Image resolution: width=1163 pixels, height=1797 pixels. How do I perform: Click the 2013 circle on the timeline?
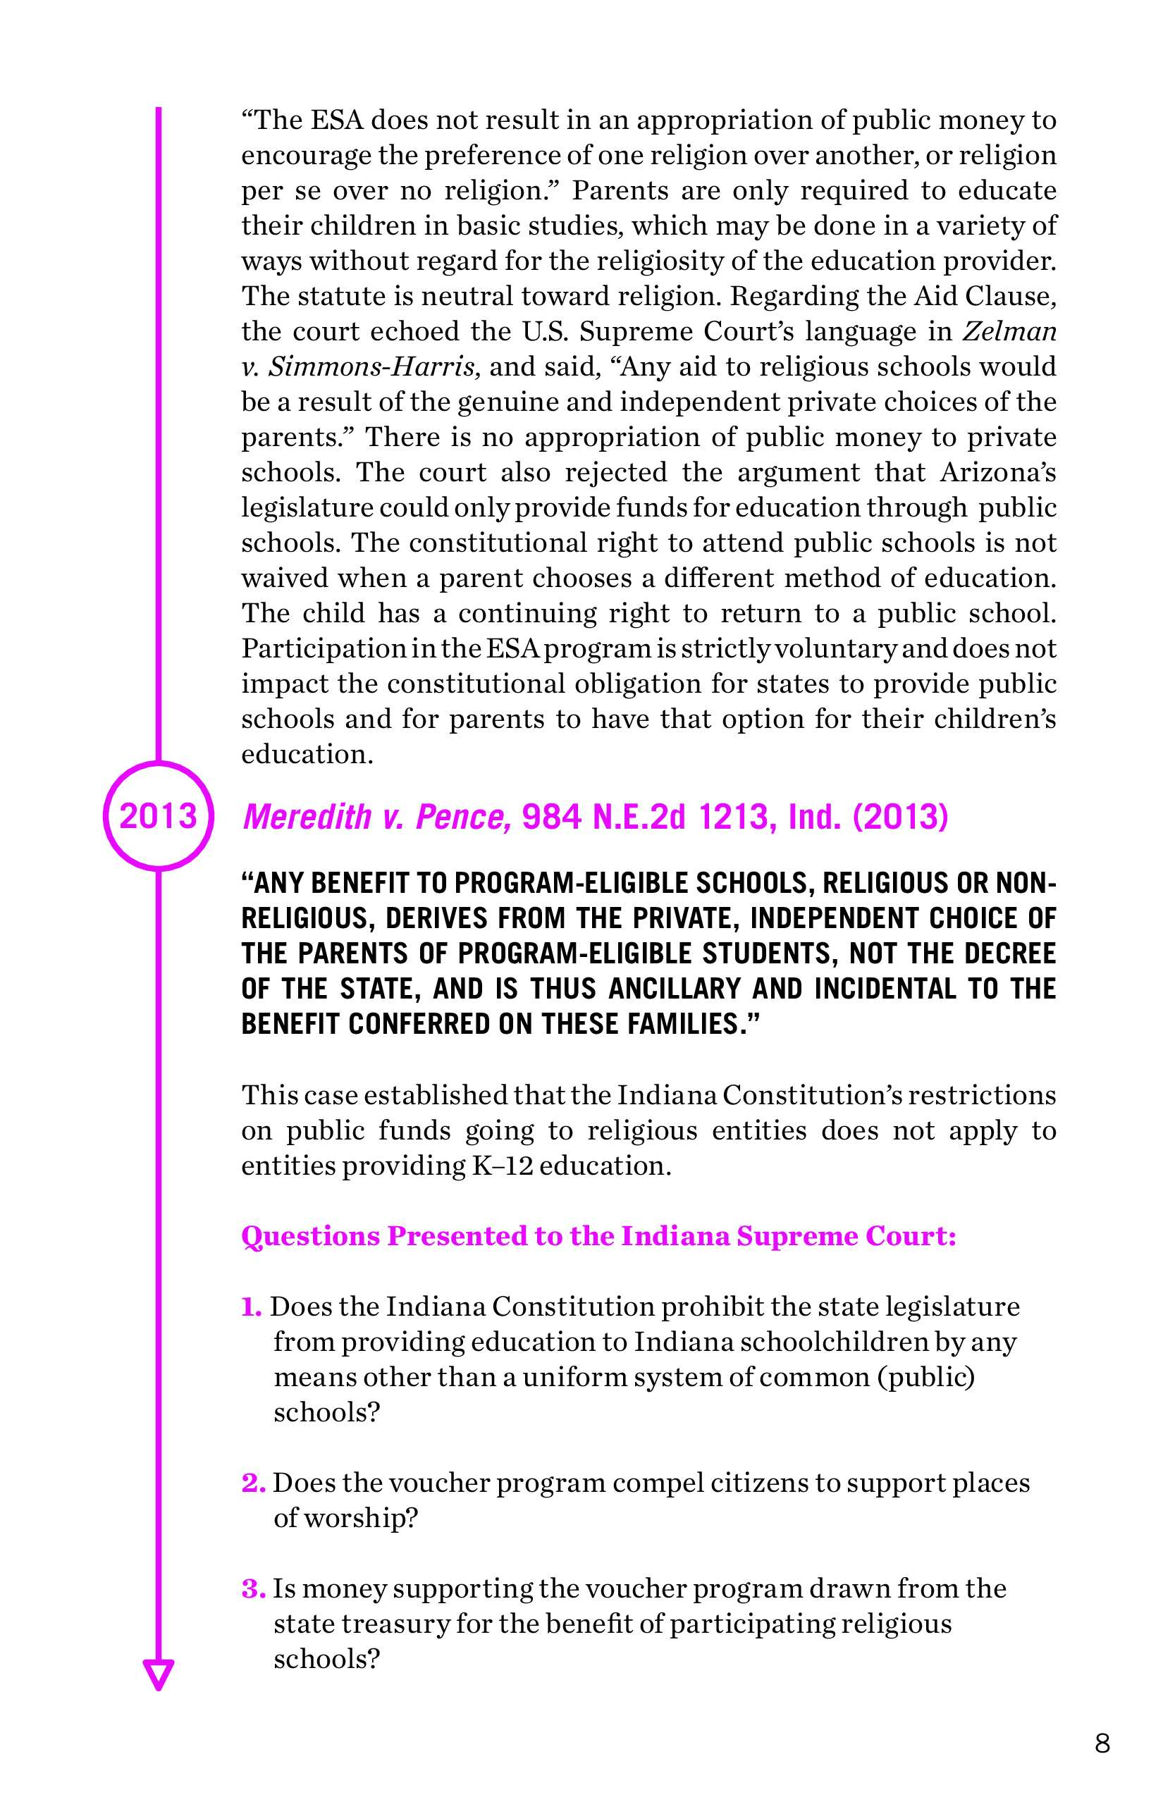(x=159, y=815)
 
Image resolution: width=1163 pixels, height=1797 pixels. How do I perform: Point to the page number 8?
(x=1102, y=1743)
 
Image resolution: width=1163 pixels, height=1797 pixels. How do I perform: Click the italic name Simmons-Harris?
(x=371, y=367)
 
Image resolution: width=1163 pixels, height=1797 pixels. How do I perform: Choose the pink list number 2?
(x=253, y=1483)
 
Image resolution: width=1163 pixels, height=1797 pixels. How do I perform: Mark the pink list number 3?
(x=253, y=1588)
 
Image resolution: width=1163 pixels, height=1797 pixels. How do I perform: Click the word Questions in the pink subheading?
(x=310, y=1236)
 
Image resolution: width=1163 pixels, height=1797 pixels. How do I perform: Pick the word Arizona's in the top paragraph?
(x=997, y=473)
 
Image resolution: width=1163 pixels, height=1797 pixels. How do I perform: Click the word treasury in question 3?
(x=393, y=1624)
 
